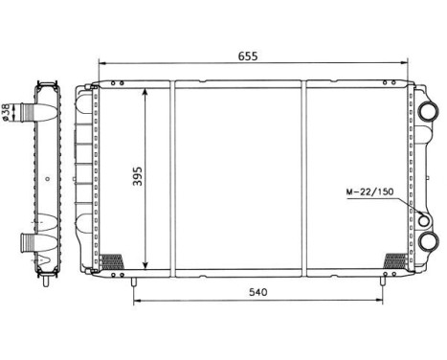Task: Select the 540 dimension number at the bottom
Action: tap(256, 290)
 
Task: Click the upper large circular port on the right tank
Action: tap(424, 109)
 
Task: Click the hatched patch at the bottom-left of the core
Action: tap(112, 259)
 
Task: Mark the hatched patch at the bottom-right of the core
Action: tap(393, 259)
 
